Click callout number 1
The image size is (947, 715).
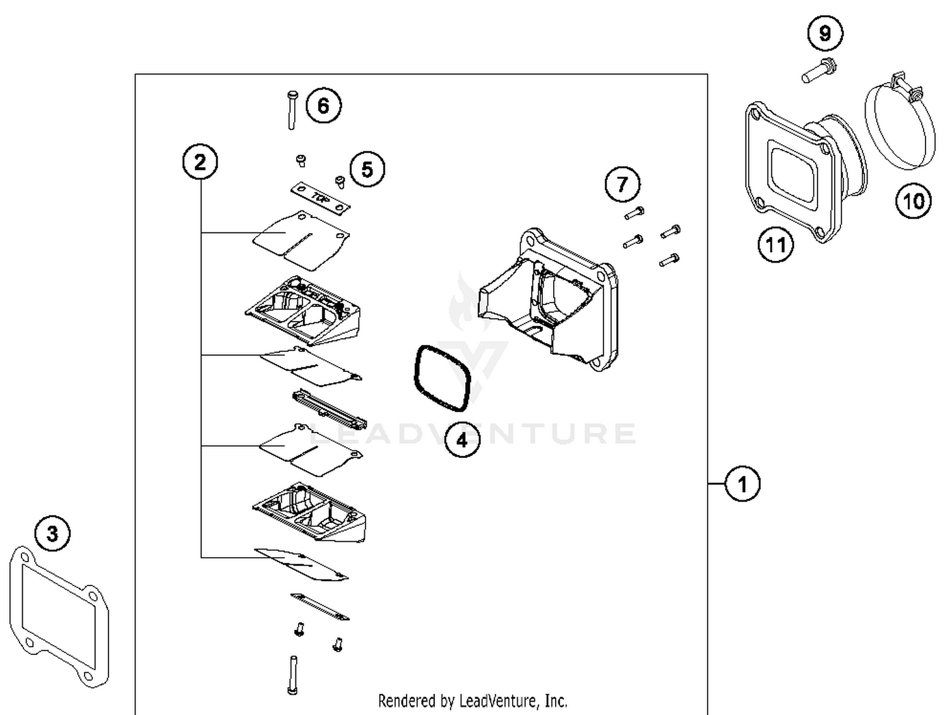pos(742,484)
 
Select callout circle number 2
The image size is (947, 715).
pos(200,162)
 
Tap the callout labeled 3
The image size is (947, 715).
pos(52,534)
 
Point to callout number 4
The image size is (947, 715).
pos(462,440)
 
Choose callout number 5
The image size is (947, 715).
pos(367,169)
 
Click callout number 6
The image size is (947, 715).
pos(323,105)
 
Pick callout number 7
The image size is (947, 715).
pos(622,184)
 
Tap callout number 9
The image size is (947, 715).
pos(825,33)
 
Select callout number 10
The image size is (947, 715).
pos(914,201)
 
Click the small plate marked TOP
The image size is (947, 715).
pos(320,198)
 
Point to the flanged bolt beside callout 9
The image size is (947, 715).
pos(818,70)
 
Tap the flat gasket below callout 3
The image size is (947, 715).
pos(58,616)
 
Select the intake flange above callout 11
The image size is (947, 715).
pos(799,171)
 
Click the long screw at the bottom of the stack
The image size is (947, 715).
pos(293,675)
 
